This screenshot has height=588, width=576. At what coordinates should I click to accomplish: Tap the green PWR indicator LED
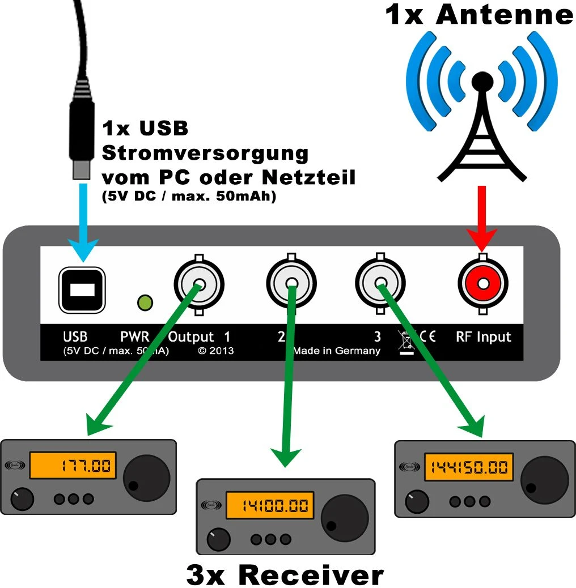click(146, 303)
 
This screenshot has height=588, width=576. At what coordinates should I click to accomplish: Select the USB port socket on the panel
click(83, 289)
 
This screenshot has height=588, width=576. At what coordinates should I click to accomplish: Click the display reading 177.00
click(72, 466)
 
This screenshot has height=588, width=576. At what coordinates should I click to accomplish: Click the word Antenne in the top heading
click(504, 15)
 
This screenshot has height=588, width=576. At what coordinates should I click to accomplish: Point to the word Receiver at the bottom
click(311, 574)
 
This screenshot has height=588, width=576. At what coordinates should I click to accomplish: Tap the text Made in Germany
click(336, 351)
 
